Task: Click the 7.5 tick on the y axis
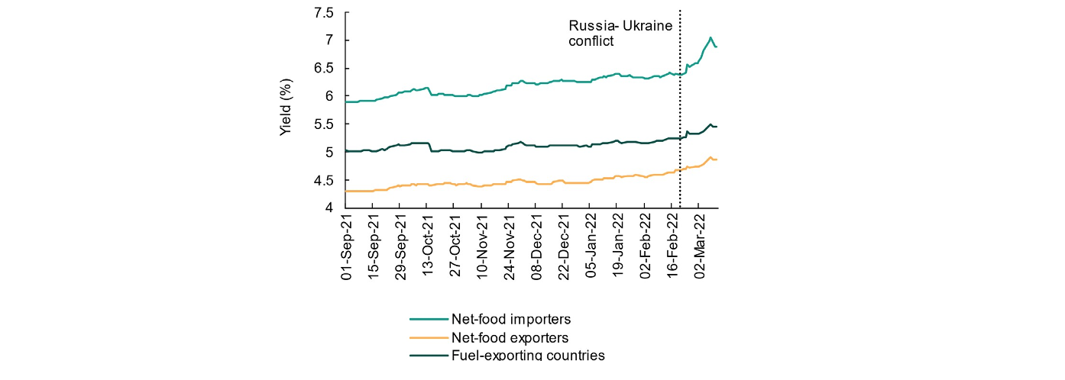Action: pos(325,12)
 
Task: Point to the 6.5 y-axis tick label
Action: pos(325,68)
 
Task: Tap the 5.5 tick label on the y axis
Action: pos(325,124)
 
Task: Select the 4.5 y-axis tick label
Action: pos(325,180)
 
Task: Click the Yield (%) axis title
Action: pos(286,107)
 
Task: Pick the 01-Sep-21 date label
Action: pos(348,247)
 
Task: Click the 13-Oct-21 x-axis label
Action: pos(429,247)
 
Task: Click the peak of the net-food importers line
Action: pos(711,37)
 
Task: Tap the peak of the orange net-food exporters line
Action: pos(711,157)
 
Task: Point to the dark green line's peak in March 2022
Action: pos(711,124)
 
